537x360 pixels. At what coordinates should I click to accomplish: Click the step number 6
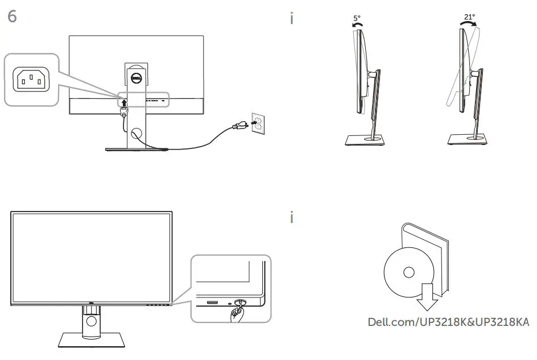(12, 16)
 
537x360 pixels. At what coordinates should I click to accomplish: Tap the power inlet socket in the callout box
(31, 80)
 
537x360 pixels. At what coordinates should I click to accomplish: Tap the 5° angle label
(357, 18)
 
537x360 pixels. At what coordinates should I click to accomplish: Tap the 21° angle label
(469, 17)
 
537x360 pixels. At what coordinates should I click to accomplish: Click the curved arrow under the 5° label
(357, 26)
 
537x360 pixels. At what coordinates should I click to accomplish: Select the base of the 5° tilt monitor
(366, 140)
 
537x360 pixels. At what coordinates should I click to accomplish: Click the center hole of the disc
(407, 272)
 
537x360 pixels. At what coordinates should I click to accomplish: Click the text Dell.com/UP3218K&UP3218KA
(448, 323)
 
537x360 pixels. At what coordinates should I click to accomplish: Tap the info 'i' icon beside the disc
(292, 218)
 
